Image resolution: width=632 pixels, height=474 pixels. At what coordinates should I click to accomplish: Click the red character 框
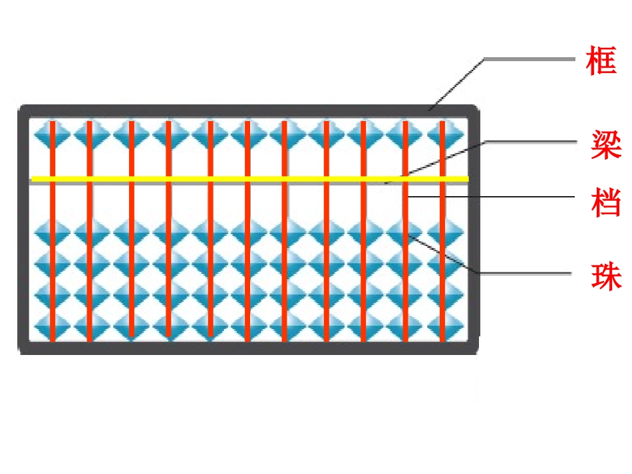pos(601,60)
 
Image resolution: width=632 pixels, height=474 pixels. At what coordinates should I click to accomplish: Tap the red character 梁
pos(606,144)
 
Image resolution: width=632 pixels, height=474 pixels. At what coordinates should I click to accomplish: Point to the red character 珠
pos(606,276)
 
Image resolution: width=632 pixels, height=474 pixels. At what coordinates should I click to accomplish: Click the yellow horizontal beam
pos(250,179)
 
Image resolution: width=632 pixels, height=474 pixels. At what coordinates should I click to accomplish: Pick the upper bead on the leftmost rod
pos(53,134)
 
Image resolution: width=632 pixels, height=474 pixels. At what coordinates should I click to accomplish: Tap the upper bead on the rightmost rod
pos(442,134)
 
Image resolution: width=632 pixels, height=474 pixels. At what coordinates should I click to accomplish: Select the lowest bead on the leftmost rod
pos(53,326)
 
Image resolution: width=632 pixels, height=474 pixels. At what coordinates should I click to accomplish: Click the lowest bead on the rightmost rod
pos(442,326)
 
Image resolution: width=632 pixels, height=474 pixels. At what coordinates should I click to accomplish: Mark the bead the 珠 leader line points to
pos(405,233)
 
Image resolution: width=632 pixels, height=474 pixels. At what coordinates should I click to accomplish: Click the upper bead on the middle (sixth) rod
pos(247,134)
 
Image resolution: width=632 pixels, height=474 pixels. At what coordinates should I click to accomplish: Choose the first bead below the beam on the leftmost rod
pos(53,233)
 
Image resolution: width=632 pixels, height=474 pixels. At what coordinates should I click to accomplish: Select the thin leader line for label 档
pos(491,197)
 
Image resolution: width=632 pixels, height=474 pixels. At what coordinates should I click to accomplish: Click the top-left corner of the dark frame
pos(19,106)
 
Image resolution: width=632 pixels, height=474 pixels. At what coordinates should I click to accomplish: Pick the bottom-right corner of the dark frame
pos(478,354)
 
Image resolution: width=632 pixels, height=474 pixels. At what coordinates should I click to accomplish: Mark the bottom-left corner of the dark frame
pos(19,354)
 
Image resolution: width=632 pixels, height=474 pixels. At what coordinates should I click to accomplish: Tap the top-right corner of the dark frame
pos(478,106)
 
